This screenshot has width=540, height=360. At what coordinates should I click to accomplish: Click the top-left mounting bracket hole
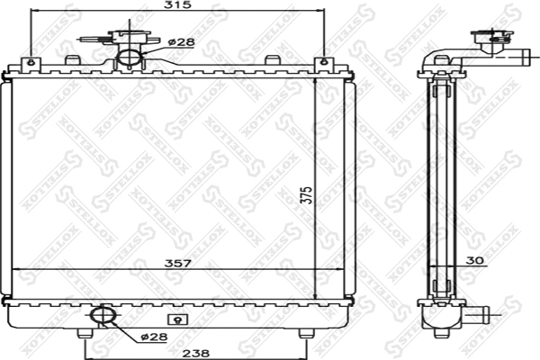point(32,62)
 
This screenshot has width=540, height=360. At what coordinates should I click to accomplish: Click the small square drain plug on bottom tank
point(177,317)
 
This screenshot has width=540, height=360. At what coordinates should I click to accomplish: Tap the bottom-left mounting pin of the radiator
point(85,336)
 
